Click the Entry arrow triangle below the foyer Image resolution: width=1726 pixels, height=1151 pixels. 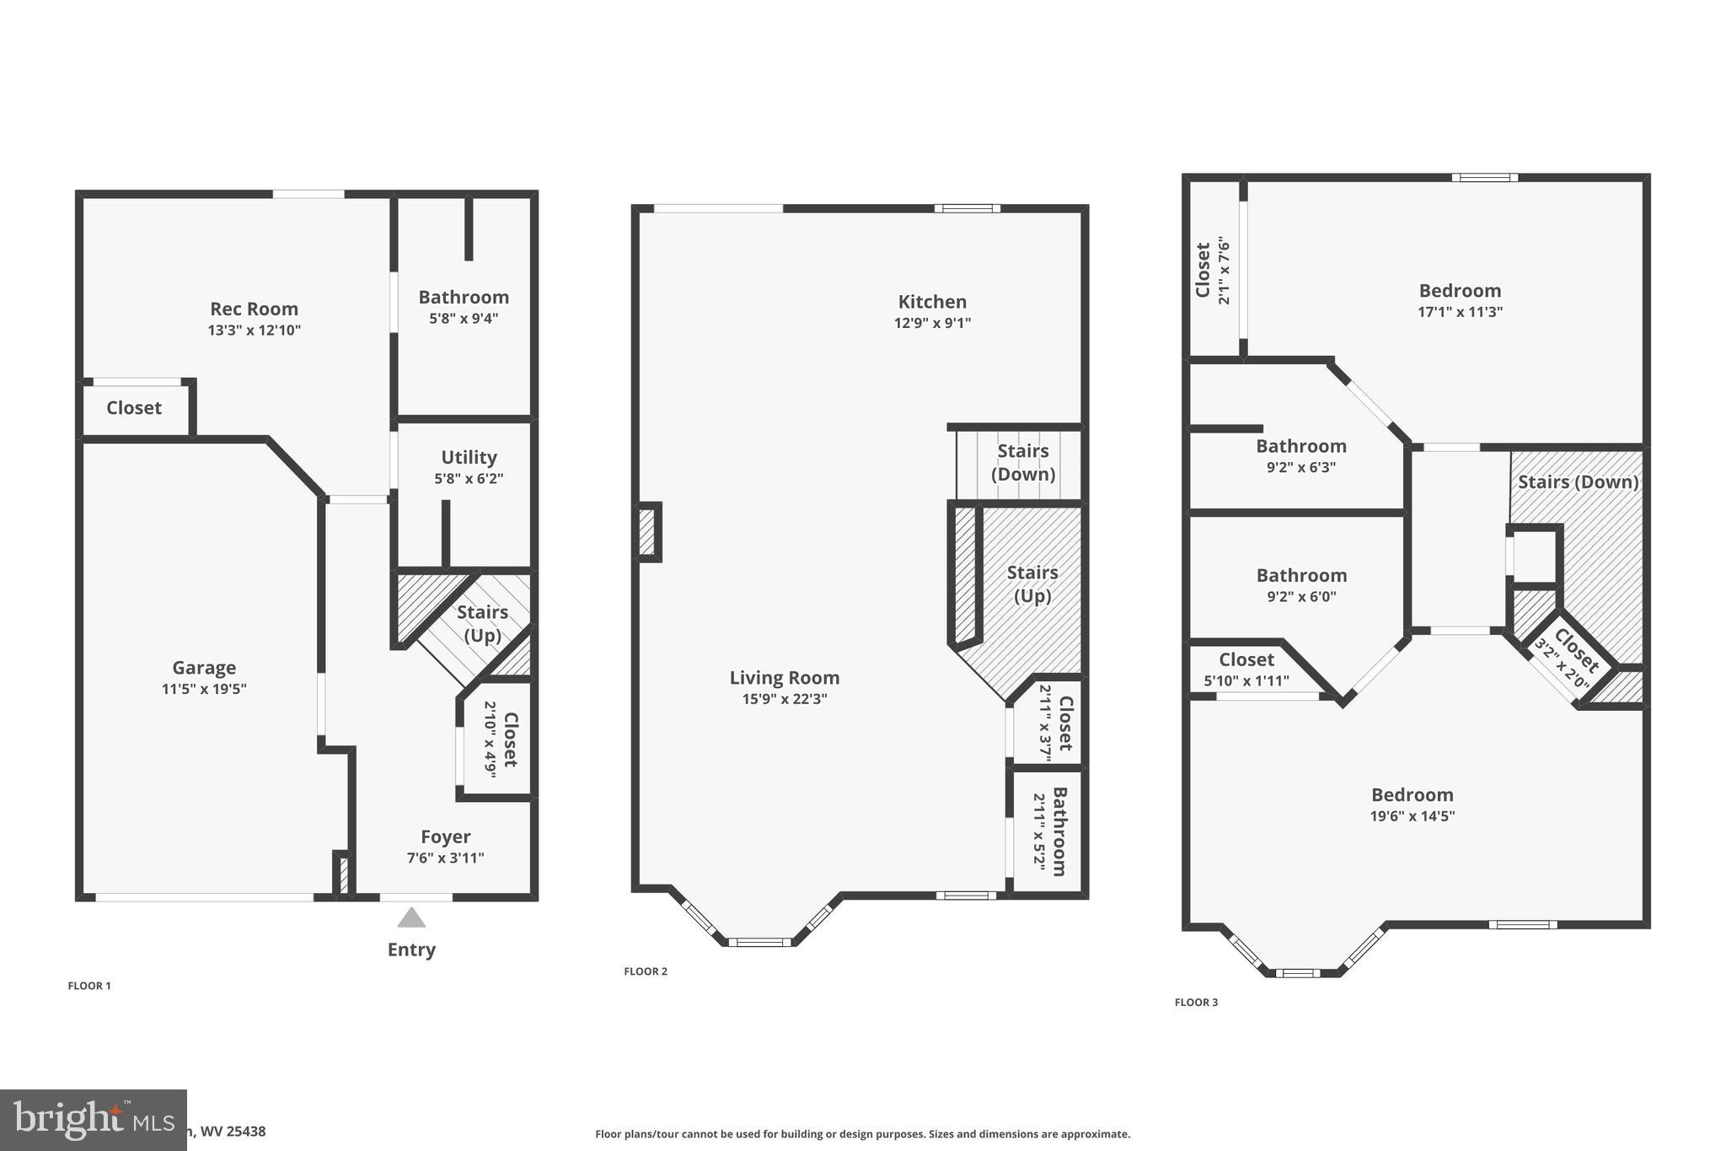pyautogui.click(x=411, y=917)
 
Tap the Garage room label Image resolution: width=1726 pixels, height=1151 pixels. pyautogui.click(x=204, y=668)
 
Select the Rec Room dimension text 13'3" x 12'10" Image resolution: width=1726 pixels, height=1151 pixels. pyautogui.click(x=255, y=331)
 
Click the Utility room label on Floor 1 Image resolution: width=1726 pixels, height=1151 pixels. pyautogui.click(x=469, y=457)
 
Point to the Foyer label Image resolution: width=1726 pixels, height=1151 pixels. pyautogui.click(x=445, y=836)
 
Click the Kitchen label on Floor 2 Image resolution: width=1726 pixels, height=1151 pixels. pyautogui.click(x=932, y=302)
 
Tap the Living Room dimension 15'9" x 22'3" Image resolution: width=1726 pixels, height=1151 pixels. pyautogui.click(x=784, y=699)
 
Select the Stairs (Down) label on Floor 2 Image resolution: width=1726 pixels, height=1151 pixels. pyautogui.click(x=1023, y=462)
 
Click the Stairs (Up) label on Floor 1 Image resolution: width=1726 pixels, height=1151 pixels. pyautogui.click(x=482, y=623)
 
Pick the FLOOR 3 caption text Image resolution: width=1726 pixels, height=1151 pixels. pyautogui.click(x=1196, y=1003)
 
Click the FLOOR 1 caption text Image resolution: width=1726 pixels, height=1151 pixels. pyautogui.click(x=89, y=986)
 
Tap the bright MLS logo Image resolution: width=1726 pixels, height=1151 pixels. pyautogui.click(x=93, y=1120)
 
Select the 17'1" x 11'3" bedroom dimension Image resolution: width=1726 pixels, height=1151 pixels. pyautogui.click(x=1460, y=312)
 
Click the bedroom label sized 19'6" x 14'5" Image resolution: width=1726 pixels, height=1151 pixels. pyautogui.click(x=1412, y=794)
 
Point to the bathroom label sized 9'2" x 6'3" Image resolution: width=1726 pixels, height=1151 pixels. pyautogui.click(x=1300, y=446)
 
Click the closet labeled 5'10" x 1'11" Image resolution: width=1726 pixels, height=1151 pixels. pyautogui.click(x=1246, y=659)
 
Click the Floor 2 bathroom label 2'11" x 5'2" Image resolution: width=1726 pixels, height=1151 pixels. pyautogui.click(x=1059, y=831)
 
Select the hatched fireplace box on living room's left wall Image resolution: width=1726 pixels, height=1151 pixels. pyautogui.click(x=647, y=532)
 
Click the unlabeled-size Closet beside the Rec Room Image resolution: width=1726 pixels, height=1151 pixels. pyautogui.click(x=134, y=408)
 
